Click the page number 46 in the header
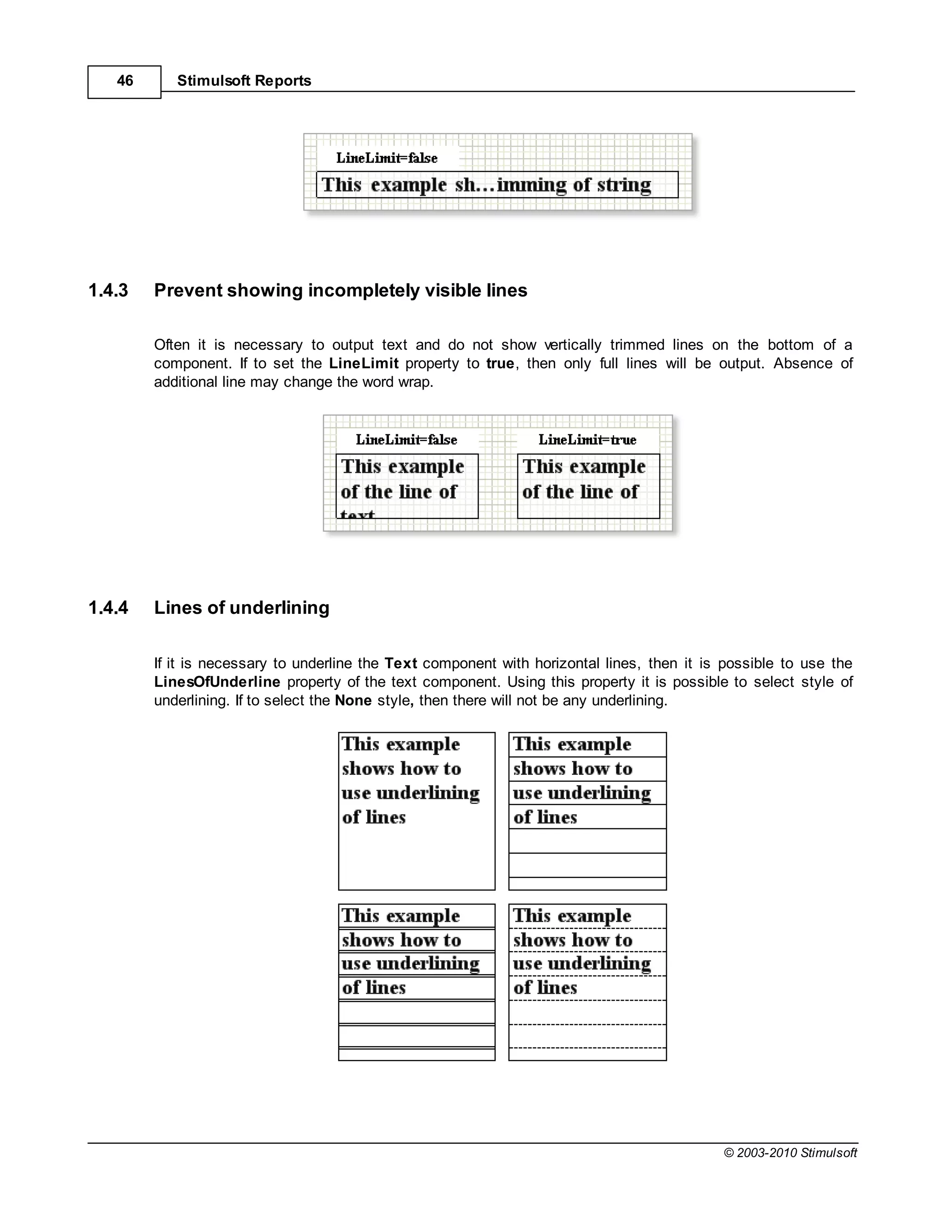click(x=124, y=81)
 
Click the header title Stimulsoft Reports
click(x=244, y=81)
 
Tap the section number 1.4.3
click(x=108, y=291)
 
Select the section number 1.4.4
click(x=108, y=608)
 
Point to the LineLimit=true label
click(x=587, y=440)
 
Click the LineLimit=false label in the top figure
click(x=387, y=158)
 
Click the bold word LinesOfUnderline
click(x=217, y=682)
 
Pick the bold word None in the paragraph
click(x=353, y=701)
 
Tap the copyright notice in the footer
click(x=790, y=1153)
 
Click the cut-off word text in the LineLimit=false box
click(x=357, y=514)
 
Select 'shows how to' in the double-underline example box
click(x=401, y=940)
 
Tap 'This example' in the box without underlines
click(x=401, y=745)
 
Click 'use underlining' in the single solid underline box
click(x=582, y=793)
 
